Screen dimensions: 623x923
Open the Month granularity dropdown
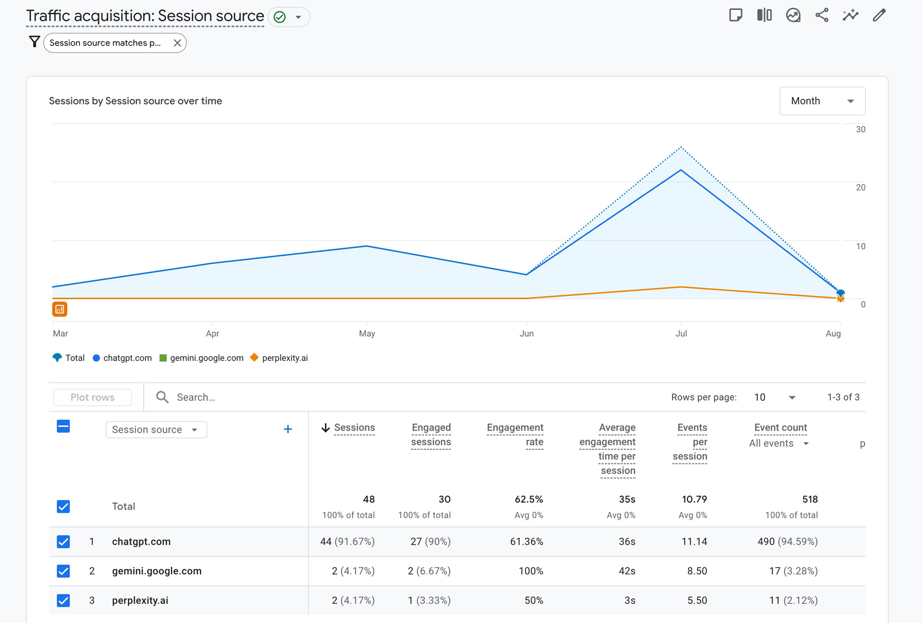pos(822,101)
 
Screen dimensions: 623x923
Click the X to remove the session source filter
pos(177,43)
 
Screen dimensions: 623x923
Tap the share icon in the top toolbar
pos(822,15)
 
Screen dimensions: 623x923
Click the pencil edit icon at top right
pos(879,15)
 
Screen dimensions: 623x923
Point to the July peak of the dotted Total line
pos(681,148)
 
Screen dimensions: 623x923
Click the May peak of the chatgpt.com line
pos(367,246)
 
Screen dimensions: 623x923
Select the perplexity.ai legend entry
pos(284,358)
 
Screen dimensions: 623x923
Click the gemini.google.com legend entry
pos(206,358)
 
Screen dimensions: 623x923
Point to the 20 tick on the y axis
pos(860,187)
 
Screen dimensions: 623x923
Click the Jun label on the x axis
pos(526,333)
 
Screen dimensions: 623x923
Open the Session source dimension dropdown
pos(156,429)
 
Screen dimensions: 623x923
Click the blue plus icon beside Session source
pos(287,429)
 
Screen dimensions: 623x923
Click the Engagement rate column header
pos(515,435)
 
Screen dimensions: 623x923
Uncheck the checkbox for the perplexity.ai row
pos(63,600)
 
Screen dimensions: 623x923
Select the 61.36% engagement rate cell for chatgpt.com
pos(526,542)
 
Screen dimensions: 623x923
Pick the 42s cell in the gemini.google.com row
pos(626,571)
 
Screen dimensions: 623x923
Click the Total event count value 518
pos(810,499)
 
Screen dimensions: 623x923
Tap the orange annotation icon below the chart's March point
pos(60,309)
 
